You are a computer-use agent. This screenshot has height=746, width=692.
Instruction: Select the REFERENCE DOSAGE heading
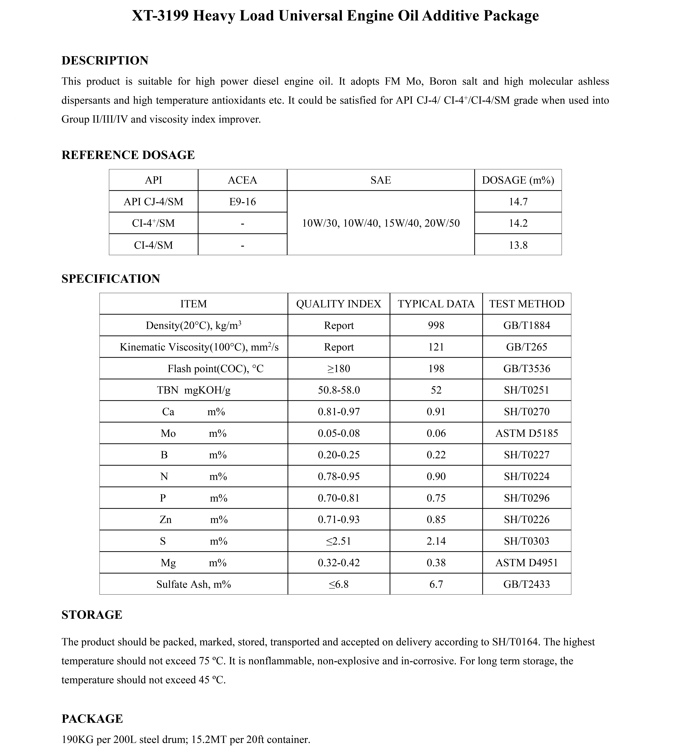pyautogui.click(x=128, y=155)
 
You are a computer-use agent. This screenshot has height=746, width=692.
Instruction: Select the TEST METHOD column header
pyautogui.click(x=527, y=304)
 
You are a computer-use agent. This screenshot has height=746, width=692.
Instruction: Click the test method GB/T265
pyautogui.click(x=527, y=347)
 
